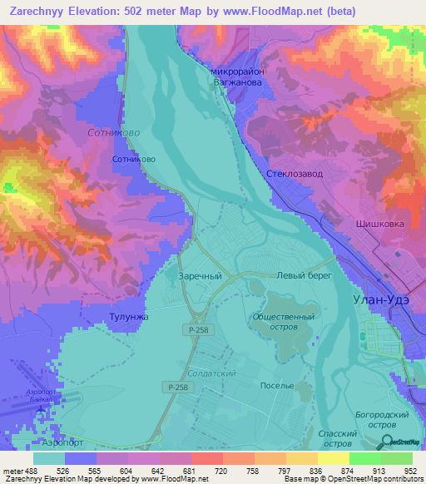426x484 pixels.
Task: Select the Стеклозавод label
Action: tap(294, 173)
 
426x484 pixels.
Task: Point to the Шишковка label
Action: tap(379, 224)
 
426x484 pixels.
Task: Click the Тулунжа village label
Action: tap(128, 316)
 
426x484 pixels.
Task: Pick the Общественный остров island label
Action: tap(284, 322)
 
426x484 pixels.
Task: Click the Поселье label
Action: tap(277, 386)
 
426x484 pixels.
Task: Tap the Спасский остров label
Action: tap(339, 438)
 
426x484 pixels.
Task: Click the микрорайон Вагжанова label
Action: tap(238, 77)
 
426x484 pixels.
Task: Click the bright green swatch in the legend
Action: tap(364, 458)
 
